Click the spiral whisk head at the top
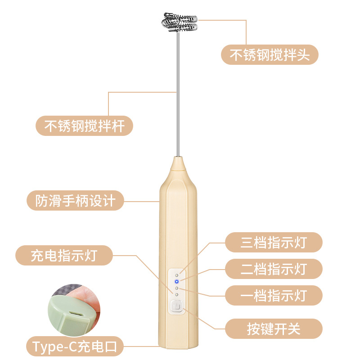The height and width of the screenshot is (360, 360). [x=179, y=22]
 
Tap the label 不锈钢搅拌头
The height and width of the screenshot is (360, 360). [x=270, y=54]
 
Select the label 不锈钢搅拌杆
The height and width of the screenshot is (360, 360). [x=84, y=126]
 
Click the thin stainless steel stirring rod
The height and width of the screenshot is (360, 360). [x=178, y=94]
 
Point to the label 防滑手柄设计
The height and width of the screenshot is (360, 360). [x=75, y=200]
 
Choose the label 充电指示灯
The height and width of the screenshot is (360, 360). [x=64, y=255]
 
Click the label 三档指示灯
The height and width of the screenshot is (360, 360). [x=274, y=242]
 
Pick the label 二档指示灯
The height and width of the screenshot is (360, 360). [x=274, y=269]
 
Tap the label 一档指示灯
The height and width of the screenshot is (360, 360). [x=274, y=296]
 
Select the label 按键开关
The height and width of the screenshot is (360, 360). [x=274, y=329]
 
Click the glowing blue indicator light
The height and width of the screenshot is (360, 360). [x=176, y=282]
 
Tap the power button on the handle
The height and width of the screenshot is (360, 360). [x=176, y=306]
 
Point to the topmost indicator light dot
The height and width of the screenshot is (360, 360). [x=176, y=275]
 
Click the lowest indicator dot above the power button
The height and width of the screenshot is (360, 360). [x=176, y=294]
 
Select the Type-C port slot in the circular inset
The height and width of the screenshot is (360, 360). [x=77, y=313]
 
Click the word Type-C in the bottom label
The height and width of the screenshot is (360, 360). [x=54, y=347]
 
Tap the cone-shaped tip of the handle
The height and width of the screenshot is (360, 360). [x=178, y=163]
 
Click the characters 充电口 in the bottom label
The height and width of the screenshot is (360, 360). [x=97, y=346]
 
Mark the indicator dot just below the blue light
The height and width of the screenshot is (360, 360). [x=176, y=288]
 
